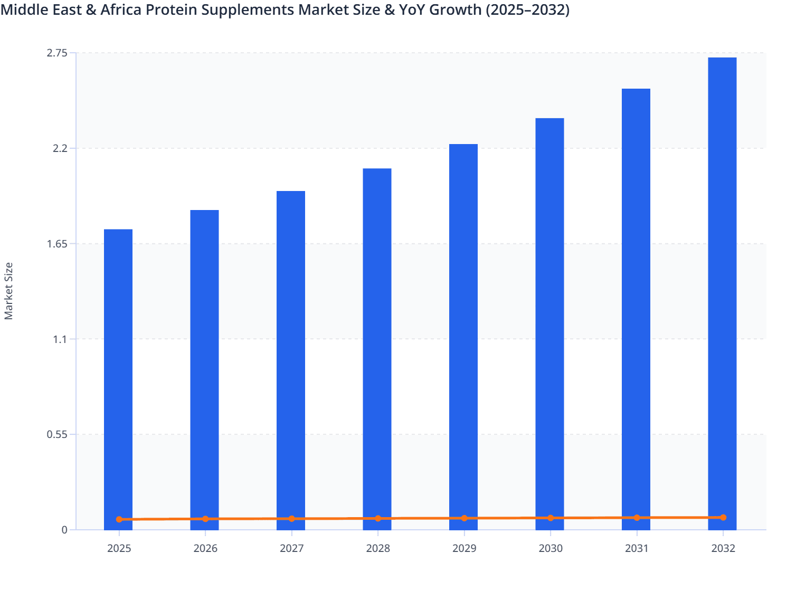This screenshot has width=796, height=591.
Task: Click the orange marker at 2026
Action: [x=205, y=519]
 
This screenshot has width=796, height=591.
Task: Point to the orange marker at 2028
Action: [x=378, y=518]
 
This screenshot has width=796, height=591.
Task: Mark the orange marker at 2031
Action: [x=637, y=518]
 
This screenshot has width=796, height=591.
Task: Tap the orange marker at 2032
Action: [x=723, y=517]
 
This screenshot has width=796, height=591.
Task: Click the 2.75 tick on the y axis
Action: [x=57, y=53]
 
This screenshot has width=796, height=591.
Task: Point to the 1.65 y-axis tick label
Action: [x=57, y=244]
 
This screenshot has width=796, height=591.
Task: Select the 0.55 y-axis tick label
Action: [x=57, y=434]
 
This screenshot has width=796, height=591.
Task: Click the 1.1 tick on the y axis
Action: [x=59, y=339]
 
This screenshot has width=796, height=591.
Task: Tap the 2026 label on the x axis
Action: [x=205, y=548]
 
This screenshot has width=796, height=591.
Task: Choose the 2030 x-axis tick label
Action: [x=551, y=548]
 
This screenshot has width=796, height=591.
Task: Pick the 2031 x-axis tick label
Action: [x=637, y=548]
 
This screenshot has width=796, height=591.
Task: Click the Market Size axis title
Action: [x=8, y=291]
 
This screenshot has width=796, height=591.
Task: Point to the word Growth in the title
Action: [x=455, y=10]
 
